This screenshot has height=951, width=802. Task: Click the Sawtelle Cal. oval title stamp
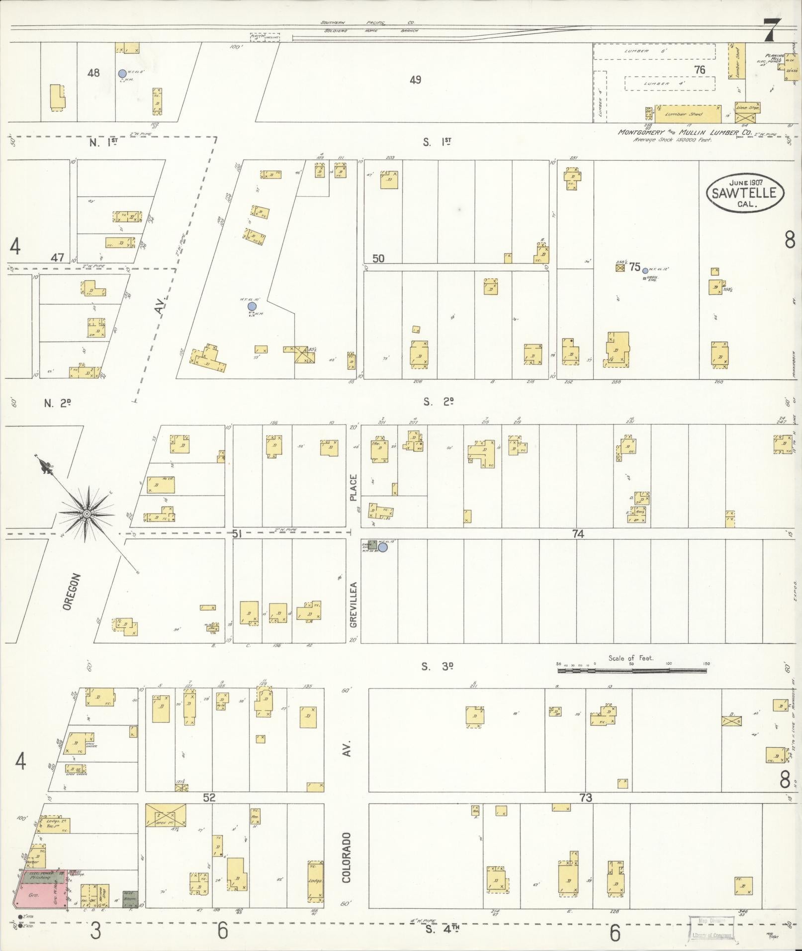tap(744, 193)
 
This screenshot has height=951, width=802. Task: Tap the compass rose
tap(87, 513)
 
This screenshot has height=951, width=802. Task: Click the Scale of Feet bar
tap(631, 671)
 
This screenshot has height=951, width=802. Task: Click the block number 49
tap(415, 80)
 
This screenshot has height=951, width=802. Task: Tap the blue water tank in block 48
tap(122, 74)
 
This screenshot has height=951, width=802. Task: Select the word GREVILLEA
tap(354, 604)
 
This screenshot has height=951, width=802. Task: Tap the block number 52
tap(209, 797)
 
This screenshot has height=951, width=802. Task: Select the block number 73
tap(586, 797)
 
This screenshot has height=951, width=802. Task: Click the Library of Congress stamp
tap(711, 928)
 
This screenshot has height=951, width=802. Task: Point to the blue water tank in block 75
tap(645, 271)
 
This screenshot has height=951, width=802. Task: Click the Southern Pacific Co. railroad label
tap(368, 23)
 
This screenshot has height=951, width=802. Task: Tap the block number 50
tap(378, 258)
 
